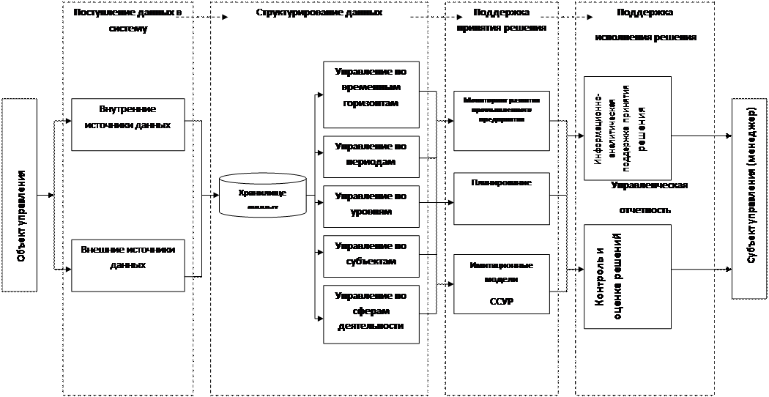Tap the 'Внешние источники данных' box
point(127,266)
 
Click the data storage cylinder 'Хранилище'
point(263,194)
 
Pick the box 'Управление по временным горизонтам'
point(371,93)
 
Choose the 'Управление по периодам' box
point(371,157)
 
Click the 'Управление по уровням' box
point(371,205)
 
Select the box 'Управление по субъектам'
point(371,253)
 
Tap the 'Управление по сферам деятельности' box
point(371,313)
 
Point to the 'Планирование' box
point(501,198)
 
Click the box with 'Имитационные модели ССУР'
point(501,283)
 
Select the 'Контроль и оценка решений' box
point(627,277)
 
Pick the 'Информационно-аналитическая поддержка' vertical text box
point(627,127)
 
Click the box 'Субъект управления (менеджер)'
point(750,198)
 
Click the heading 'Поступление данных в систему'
point(127,20)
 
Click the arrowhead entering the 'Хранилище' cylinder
point(216,195)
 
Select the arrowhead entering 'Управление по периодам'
point(320,153)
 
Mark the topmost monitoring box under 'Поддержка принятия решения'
point(501,119)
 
